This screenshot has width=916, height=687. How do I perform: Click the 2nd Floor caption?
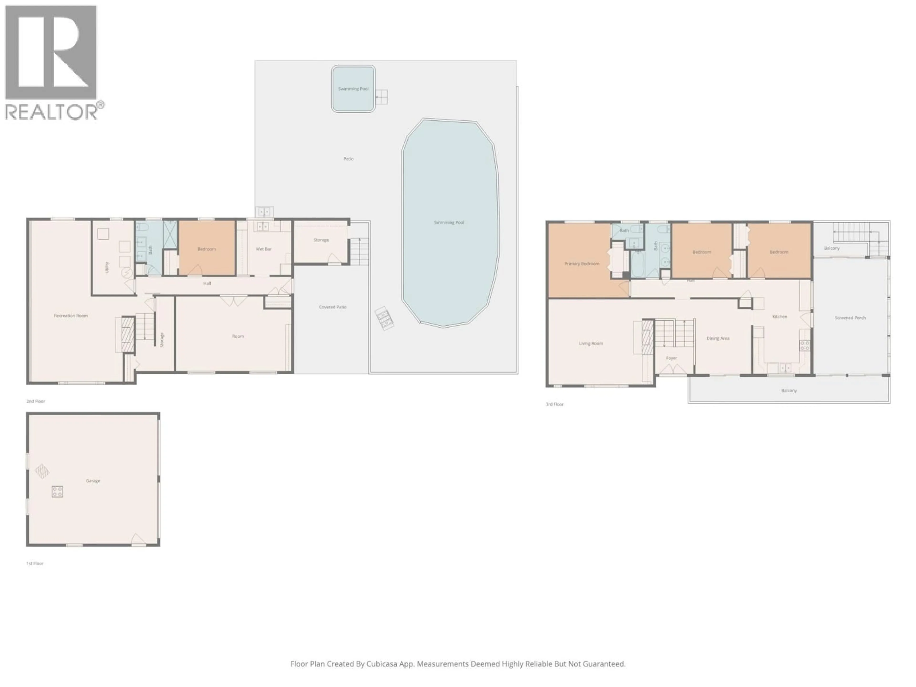[x=36, y=401]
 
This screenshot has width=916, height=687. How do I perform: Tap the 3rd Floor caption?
[x=554, y=404]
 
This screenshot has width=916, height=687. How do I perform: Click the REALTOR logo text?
[x=52, y=112]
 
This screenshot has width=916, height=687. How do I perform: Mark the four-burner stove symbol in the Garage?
[x=57, y=492]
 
